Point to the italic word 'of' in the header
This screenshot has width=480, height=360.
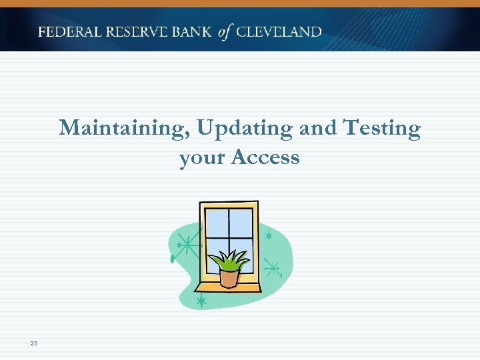(x=226, y=32)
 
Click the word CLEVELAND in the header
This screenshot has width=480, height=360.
(x=279, y=32)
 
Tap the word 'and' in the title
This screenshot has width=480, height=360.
(x=318, y=128)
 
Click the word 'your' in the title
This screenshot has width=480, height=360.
(x=202, y=158)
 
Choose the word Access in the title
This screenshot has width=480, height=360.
(x=265, y=158)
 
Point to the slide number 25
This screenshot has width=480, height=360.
(x=34, y=343)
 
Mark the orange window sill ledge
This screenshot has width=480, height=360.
(x=227, y=287)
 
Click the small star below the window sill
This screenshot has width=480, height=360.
(x=201, y=301)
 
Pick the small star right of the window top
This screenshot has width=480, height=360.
(x=268, y=236)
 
